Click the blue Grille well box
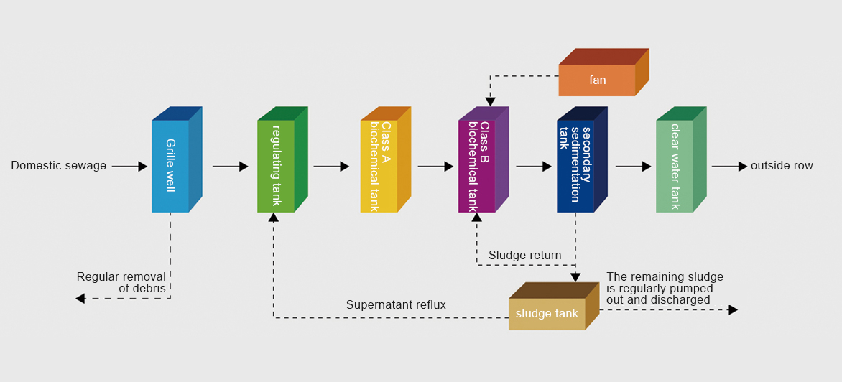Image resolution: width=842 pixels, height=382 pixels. pos(170,166)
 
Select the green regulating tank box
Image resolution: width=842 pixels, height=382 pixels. pos(276,166)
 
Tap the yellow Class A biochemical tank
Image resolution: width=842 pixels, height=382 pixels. pos(379,166)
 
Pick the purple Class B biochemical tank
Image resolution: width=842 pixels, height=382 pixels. pos(477,166)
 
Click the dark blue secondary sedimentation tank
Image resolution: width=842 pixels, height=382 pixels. pos(575,166)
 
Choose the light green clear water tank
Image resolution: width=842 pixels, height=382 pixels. pos(675,166)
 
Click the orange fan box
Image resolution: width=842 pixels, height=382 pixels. pos(597,80)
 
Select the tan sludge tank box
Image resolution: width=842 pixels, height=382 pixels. pos(547,314)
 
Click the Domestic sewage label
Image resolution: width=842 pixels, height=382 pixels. pos(59,166)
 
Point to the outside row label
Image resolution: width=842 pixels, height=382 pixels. pos(782,166)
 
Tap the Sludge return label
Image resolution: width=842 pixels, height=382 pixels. pos(525,255)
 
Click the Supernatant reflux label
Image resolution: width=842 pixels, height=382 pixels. pos(396,305)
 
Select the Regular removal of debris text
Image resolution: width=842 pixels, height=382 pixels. pos(121,282)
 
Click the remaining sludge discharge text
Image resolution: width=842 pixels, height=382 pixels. pos(665,288)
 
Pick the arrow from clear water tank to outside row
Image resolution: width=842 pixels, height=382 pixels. pos(729,167)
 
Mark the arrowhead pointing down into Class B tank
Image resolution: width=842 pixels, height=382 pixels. pos(491,101)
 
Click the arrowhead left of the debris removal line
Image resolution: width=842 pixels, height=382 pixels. pos(80,298)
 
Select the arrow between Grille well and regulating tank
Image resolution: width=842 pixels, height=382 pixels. pos(230,167)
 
